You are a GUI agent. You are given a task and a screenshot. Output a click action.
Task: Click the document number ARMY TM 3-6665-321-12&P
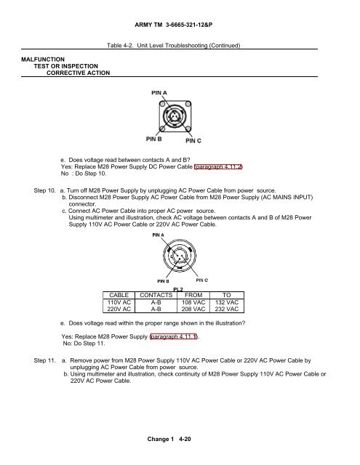(173, 25)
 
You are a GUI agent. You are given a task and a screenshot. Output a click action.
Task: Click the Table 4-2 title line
(173, 45)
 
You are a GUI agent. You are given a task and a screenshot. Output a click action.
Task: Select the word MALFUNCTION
(43, 60)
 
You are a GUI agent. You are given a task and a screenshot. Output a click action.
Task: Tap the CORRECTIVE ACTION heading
(78, 73)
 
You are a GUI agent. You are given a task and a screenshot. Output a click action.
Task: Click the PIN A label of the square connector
(159, 93)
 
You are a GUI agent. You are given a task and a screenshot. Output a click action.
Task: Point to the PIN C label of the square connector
(193, 140)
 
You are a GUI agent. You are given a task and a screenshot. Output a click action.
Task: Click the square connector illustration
(175, 116)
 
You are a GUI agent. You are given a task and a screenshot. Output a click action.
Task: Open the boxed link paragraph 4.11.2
(218, 166)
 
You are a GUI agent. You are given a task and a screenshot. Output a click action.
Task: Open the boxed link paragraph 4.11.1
(173, 336)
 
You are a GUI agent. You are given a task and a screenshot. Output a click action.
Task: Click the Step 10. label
(44, 190)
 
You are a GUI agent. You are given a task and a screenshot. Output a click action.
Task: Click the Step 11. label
(44, 360)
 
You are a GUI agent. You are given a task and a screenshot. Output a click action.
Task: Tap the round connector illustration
(180, 256)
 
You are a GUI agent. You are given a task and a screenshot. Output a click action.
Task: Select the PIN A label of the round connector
(158, 235)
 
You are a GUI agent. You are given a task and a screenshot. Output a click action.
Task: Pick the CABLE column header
(119, 296)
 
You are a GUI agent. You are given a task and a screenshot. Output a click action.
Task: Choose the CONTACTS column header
(156, 296)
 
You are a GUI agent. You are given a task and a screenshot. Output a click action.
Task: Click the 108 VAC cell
(193, 302)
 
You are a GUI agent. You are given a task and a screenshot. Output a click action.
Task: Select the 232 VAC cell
(227, 309)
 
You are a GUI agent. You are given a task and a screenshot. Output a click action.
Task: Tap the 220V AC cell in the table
(119, 309)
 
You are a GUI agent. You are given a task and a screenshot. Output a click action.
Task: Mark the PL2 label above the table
(178, 289)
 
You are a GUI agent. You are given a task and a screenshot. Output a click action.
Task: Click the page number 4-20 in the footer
(185, 439)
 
